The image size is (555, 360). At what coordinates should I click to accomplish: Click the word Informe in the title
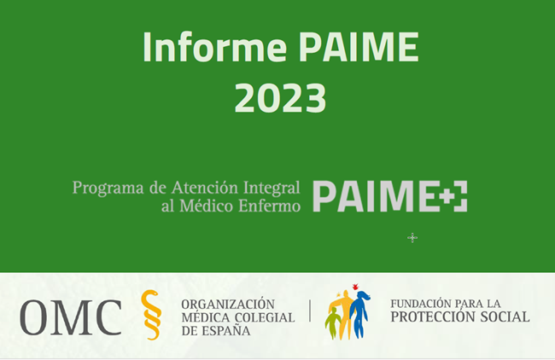214,47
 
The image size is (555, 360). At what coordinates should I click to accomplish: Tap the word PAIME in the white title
359,47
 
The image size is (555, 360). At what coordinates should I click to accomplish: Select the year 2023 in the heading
280,97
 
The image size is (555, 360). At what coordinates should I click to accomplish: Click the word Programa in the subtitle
108,188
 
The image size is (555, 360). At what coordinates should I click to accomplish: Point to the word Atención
205,187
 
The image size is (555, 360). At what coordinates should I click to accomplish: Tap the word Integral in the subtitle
272,189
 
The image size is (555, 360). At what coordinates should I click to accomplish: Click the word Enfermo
269,206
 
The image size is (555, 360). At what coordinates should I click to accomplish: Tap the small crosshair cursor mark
412,238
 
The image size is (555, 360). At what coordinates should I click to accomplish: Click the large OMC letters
71,317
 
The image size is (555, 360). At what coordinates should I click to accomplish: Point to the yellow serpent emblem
151,315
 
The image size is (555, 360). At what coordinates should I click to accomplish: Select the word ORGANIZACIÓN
228,305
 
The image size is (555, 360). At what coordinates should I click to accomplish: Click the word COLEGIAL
265,317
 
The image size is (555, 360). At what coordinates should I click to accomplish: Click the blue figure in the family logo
359,314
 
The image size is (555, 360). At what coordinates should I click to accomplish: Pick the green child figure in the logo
332,322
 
